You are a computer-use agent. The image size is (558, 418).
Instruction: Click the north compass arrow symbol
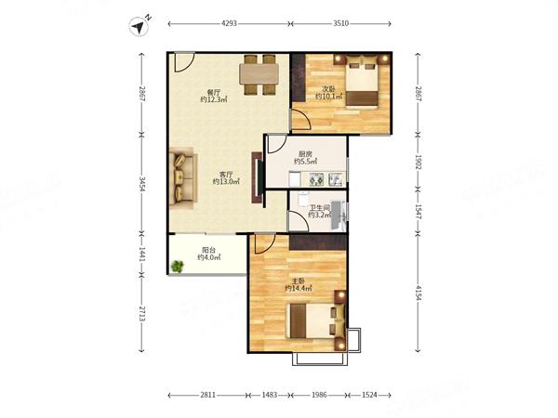[139, 27]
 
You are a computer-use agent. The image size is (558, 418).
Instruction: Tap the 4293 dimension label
[229, 24]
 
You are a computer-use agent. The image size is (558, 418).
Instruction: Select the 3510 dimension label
[340, 24]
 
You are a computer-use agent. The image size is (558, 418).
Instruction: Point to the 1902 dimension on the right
[418, 163]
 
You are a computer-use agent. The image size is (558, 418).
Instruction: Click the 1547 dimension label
[418, 212]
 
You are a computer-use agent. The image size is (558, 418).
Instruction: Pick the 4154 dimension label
[418, 293]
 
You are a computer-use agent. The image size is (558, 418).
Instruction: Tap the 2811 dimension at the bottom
[207, 395]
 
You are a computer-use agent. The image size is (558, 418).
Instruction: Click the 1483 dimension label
[270, 395]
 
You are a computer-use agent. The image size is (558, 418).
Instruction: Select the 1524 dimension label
[369, 395]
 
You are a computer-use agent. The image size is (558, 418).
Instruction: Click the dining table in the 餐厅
[259, 74]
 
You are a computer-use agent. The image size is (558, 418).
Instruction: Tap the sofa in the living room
[182, 177]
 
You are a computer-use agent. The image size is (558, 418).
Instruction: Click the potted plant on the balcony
[177, 266]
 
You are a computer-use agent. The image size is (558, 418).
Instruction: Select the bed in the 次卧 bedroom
[362, 80]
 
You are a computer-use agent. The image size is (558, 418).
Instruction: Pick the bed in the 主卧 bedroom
[316, 320]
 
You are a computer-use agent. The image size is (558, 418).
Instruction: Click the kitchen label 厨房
[305, 154]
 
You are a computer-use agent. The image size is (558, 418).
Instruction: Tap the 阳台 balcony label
[208, 250]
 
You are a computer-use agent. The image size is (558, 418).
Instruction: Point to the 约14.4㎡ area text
[299, 289]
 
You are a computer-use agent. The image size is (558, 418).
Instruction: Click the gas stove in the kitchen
[316, 178]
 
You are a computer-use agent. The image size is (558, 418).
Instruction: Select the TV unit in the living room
[258, 177]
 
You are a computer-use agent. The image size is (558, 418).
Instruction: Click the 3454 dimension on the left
[142, 184]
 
